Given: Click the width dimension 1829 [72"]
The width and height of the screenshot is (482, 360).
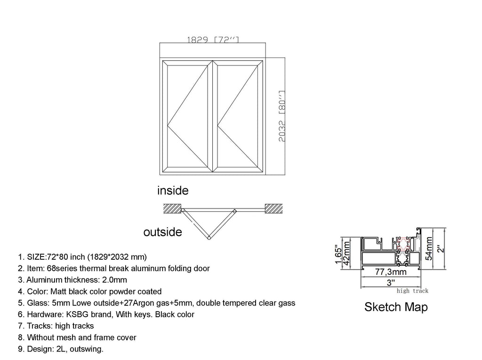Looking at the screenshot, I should click(213, 40).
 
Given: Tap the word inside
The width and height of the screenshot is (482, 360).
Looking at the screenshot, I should click(173, 191).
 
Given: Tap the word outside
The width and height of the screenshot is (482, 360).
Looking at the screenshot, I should click(162, 232).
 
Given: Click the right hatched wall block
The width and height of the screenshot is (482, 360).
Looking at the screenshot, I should click(274, 208).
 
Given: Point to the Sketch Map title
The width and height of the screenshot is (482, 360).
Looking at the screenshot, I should click(396, 307).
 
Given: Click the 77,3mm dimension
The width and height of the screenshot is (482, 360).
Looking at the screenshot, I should click(391, 272).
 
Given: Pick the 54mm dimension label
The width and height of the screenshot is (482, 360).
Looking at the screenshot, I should click(429, 248).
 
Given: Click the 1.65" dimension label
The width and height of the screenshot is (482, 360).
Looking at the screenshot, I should click(337, 254).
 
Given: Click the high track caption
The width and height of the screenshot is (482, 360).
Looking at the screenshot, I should click(412, 291).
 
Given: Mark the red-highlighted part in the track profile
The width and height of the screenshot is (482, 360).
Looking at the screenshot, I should click(403, 244).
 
